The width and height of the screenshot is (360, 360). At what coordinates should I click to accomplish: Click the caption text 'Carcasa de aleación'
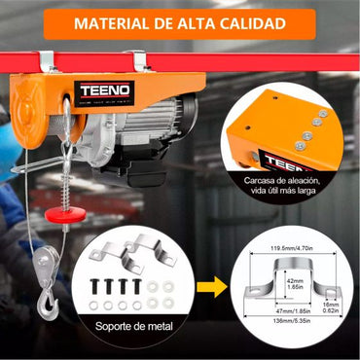[x=293, y=181]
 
